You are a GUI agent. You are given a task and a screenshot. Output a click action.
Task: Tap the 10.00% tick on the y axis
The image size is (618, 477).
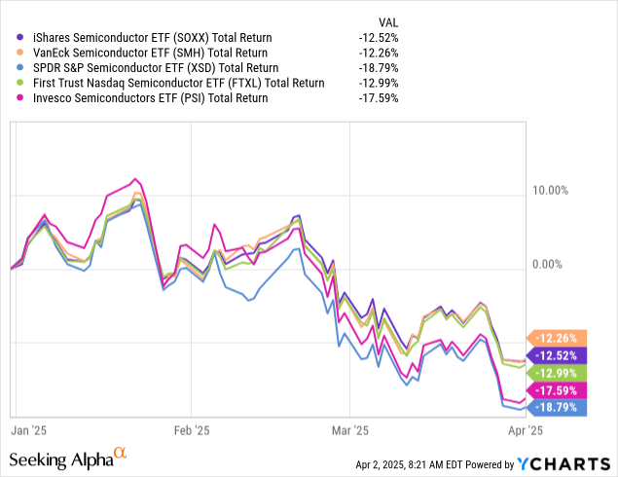pos(550,191)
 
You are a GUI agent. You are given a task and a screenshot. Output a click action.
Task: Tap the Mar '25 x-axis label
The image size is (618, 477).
pos(349,428)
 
